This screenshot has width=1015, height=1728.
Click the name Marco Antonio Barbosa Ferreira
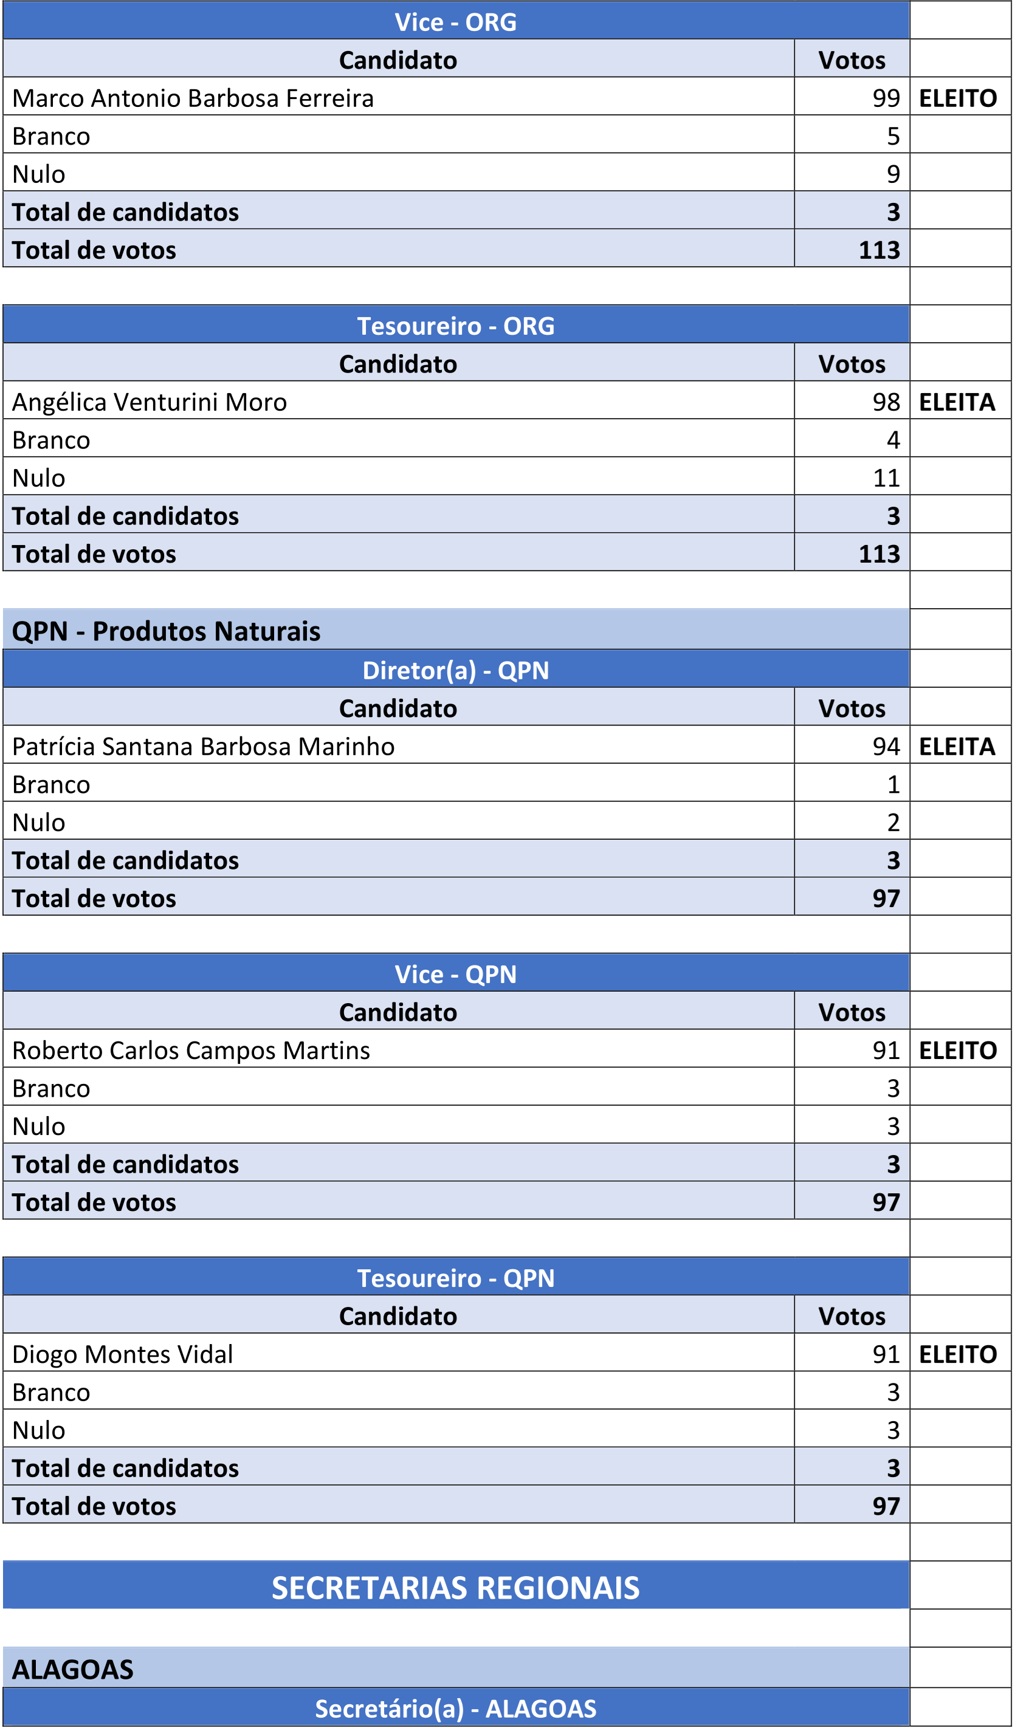tap(193, 98)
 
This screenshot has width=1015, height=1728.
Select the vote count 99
tap(886, 98)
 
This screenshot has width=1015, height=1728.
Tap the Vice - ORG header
tap(455, 22)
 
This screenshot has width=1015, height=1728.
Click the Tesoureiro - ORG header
tap(455, 326)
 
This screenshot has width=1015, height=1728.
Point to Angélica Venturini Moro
tap(150, 402)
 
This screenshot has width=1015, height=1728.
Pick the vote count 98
tap(886, 402)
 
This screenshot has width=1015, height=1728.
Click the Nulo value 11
tap(886, 478)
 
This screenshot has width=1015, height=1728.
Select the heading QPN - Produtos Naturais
tap(166, 631)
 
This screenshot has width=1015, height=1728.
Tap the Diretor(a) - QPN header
tap(455, 670)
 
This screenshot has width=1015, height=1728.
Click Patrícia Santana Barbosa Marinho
tap(203, 746)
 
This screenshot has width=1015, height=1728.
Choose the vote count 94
tap(886, 746)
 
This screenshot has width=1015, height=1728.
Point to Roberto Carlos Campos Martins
tap(191, 1050)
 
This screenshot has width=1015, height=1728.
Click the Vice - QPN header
tap(455, 974)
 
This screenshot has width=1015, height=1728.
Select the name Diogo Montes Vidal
tap(123, 1354)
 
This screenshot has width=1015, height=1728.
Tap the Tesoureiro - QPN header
tap(455, 1278)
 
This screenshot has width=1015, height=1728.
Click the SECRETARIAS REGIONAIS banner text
tap(455, 1588)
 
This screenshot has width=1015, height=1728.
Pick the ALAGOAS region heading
tap(73, 1669)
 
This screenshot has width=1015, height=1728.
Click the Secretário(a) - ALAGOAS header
tap(455, 1708)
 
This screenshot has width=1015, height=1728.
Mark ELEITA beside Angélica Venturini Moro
tap(957, 402)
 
